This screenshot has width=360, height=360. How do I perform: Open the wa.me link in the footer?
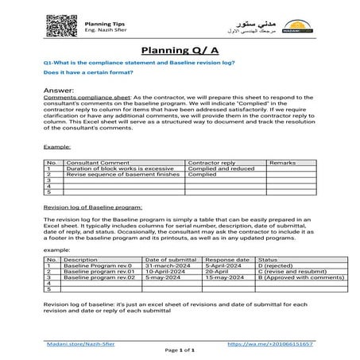[270, 344]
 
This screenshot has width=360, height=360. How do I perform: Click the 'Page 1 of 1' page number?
[180, 350]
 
